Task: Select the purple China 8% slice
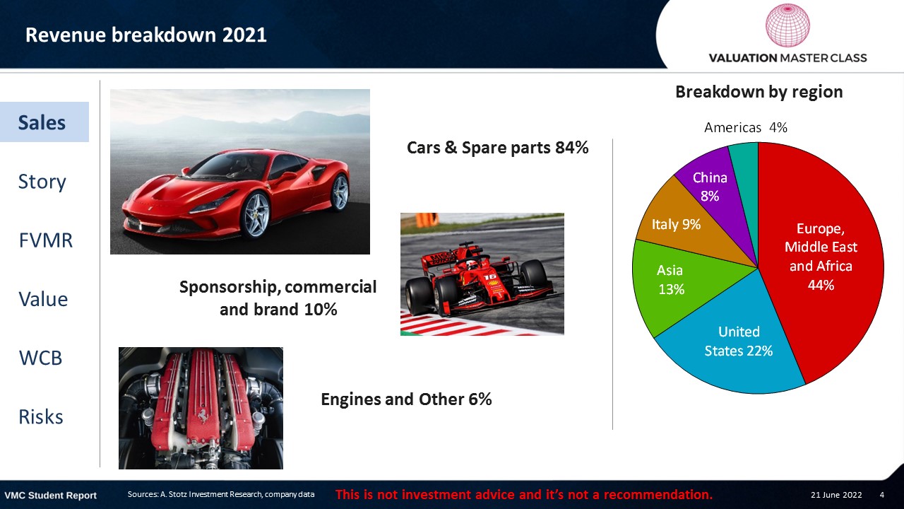coord(713,190)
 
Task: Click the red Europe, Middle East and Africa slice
coord(819,259)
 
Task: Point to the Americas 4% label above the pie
coord(745,128)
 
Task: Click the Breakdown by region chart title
coord(759,92)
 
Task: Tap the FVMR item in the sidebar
coord(46,240)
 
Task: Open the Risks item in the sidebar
coord(41,416)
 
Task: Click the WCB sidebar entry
coord(40,358)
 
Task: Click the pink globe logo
coord(787,25)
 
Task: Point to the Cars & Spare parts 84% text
coord(498,148)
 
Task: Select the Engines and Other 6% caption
coord(406,399)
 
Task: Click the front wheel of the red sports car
coord(255,216)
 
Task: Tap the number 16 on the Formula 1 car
coord(490,277)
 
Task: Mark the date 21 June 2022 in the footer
coord(836,495)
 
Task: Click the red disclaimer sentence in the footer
coord(524,494)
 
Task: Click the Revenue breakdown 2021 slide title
coord(146,35)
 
